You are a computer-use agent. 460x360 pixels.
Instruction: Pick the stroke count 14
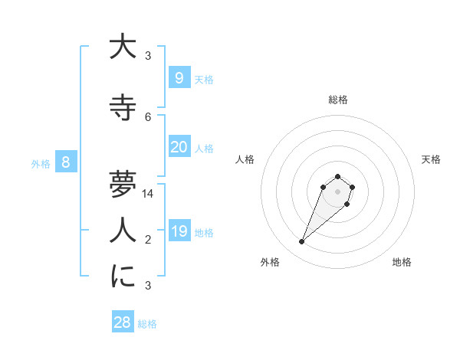coord(148,194)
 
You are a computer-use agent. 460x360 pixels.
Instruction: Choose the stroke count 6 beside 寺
coord(148,117)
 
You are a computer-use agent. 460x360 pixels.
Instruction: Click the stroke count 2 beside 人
coord(148,240)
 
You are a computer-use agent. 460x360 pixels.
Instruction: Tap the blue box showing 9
coord(179,77)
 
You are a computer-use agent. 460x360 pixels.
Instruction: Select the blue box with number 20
coord(179,146)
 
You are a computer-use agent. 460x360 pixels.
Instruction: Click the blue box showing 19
coord(179,231)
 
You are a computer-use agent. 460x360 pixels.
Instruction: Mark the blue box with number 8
coord(66,162)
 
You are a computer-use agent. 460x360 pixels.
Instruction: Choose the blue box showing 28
coord(122,322)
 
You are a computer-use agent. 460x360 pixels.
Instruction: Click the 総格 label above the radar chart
coord(338,100)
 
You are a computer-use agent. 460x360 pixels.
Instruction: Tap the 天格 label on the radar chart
coord(431,159)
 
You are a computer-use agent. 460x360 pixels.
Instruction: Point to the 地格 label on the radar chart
coord(402,262)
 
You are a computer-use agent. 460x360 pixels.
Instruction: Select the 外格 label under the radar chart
coord(270,262)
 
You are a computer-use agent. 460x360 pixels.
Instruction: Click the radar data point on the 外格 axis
coord(302,242)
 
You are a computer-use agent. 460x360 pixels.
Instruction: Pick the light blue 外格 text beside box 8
coord(40,163)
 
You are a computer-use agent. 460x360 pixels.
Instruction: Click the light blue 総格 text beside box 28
coord(147,324)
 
